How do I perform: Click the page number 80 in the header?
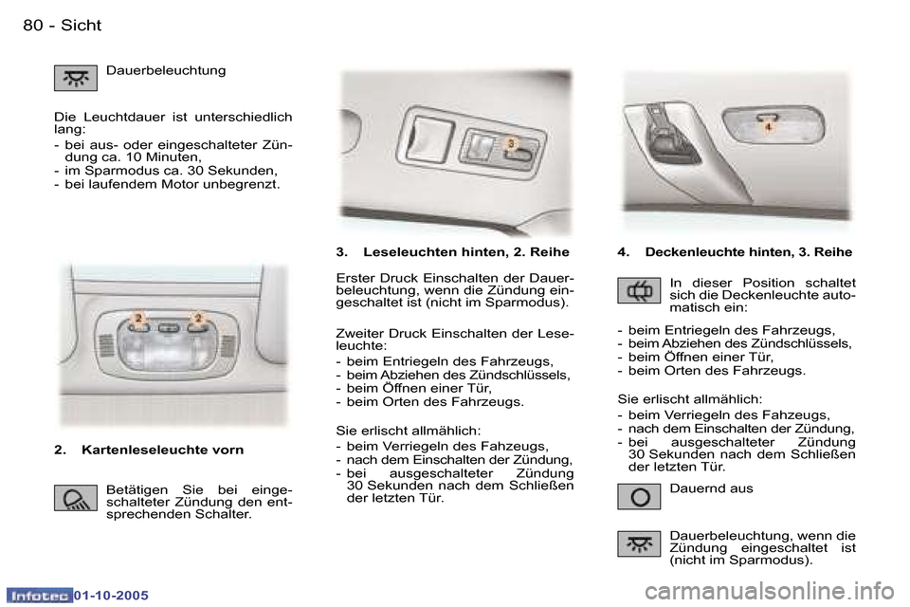33,26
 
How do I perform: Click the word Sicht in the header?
81,26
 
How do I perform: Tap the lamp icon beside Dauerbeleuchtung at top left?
75,78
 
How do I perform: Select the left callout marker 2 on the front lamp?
138,318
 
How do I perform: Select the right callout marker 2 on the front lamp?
199,318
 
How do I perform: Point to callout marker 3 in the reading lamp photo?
511,143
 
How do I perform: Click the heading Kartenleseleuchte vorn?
162,450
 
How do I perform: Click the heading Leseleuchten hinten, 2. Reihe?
466,252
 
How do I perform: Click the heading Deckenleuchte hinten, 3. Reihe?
748,252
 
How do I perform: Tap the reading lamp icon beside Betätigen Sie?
75,498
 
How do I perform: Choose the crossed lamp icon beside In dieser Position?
639,290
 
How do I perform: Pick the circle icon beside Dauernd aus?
639,496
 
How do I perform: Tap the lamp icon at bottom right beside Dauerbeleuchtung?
639,543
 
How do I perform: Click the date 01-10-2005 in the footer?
112,596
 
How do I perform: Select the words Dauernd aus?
711,488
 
